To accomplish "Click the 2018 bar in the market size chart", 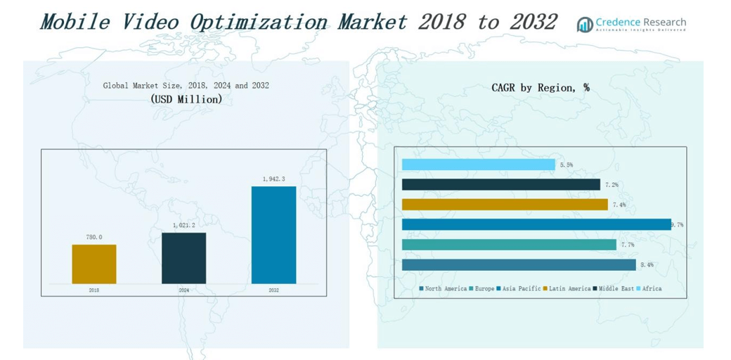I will point(94,264).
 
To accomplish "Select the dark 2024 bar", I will point(183,258).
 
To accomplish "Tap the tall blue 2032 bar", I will point(273,235).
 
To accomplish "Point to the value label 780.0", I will point(94,238).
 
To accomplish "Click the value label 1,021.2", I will point(183,226).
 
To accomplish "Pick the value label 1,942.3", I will point(273,179).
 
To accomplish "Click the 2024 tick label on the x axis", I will point(183,290).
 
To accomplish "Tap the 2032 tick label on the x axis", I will point(273,290).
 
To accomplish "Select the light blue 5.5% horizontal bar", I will point(478,165).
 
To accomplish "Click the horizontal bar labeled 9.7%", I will point(536,225).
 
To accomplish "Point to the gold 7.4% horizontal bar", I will point(504,205).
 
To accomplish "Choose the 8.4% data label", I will point(647,265).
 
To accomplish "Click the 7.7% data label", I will point(627,245).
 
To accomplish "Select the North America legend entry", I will point(443,289).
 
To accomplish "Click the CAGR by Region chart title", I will point(540,88).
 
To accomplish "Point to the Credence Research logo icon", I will point(585,25).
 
